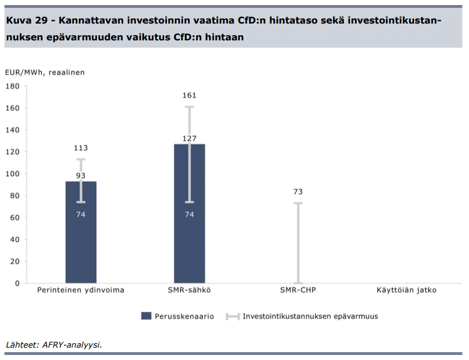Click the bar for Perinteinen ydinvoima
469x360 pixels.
coord(81,247)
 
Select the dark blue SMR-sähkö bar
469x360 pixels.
coord(189,247)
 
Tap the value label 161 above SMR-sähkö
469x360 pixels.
coord(189,96)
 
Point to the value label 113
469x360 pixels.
coord(81,148)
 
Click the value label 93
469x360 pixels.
coord(81,176)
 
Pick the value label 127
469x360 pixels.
coord(189,139)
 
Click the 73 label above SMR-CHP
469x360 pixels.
coord(298,192)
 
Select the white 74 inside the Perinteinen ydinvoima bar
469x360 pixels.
coord(81,214)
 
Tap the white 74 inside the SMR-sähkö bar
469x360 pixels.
coord(189,214)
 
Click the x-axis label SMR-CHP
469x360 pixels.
coord(298,290)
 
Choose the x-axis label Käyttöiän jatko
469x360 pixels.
coord(407,290)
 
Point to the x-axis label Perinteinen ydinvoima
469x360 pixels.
coord(81,290)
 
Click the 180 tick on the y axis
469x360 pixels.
coord(12,86)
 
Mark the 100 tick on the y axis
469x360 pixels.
coord(12,174)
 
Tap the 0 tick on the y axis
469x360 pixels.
coord(17,283)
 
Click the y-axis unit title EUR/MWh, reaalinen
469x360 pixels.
coord(45,72)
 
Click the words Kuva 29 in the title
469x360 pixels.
coord(26,21)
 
